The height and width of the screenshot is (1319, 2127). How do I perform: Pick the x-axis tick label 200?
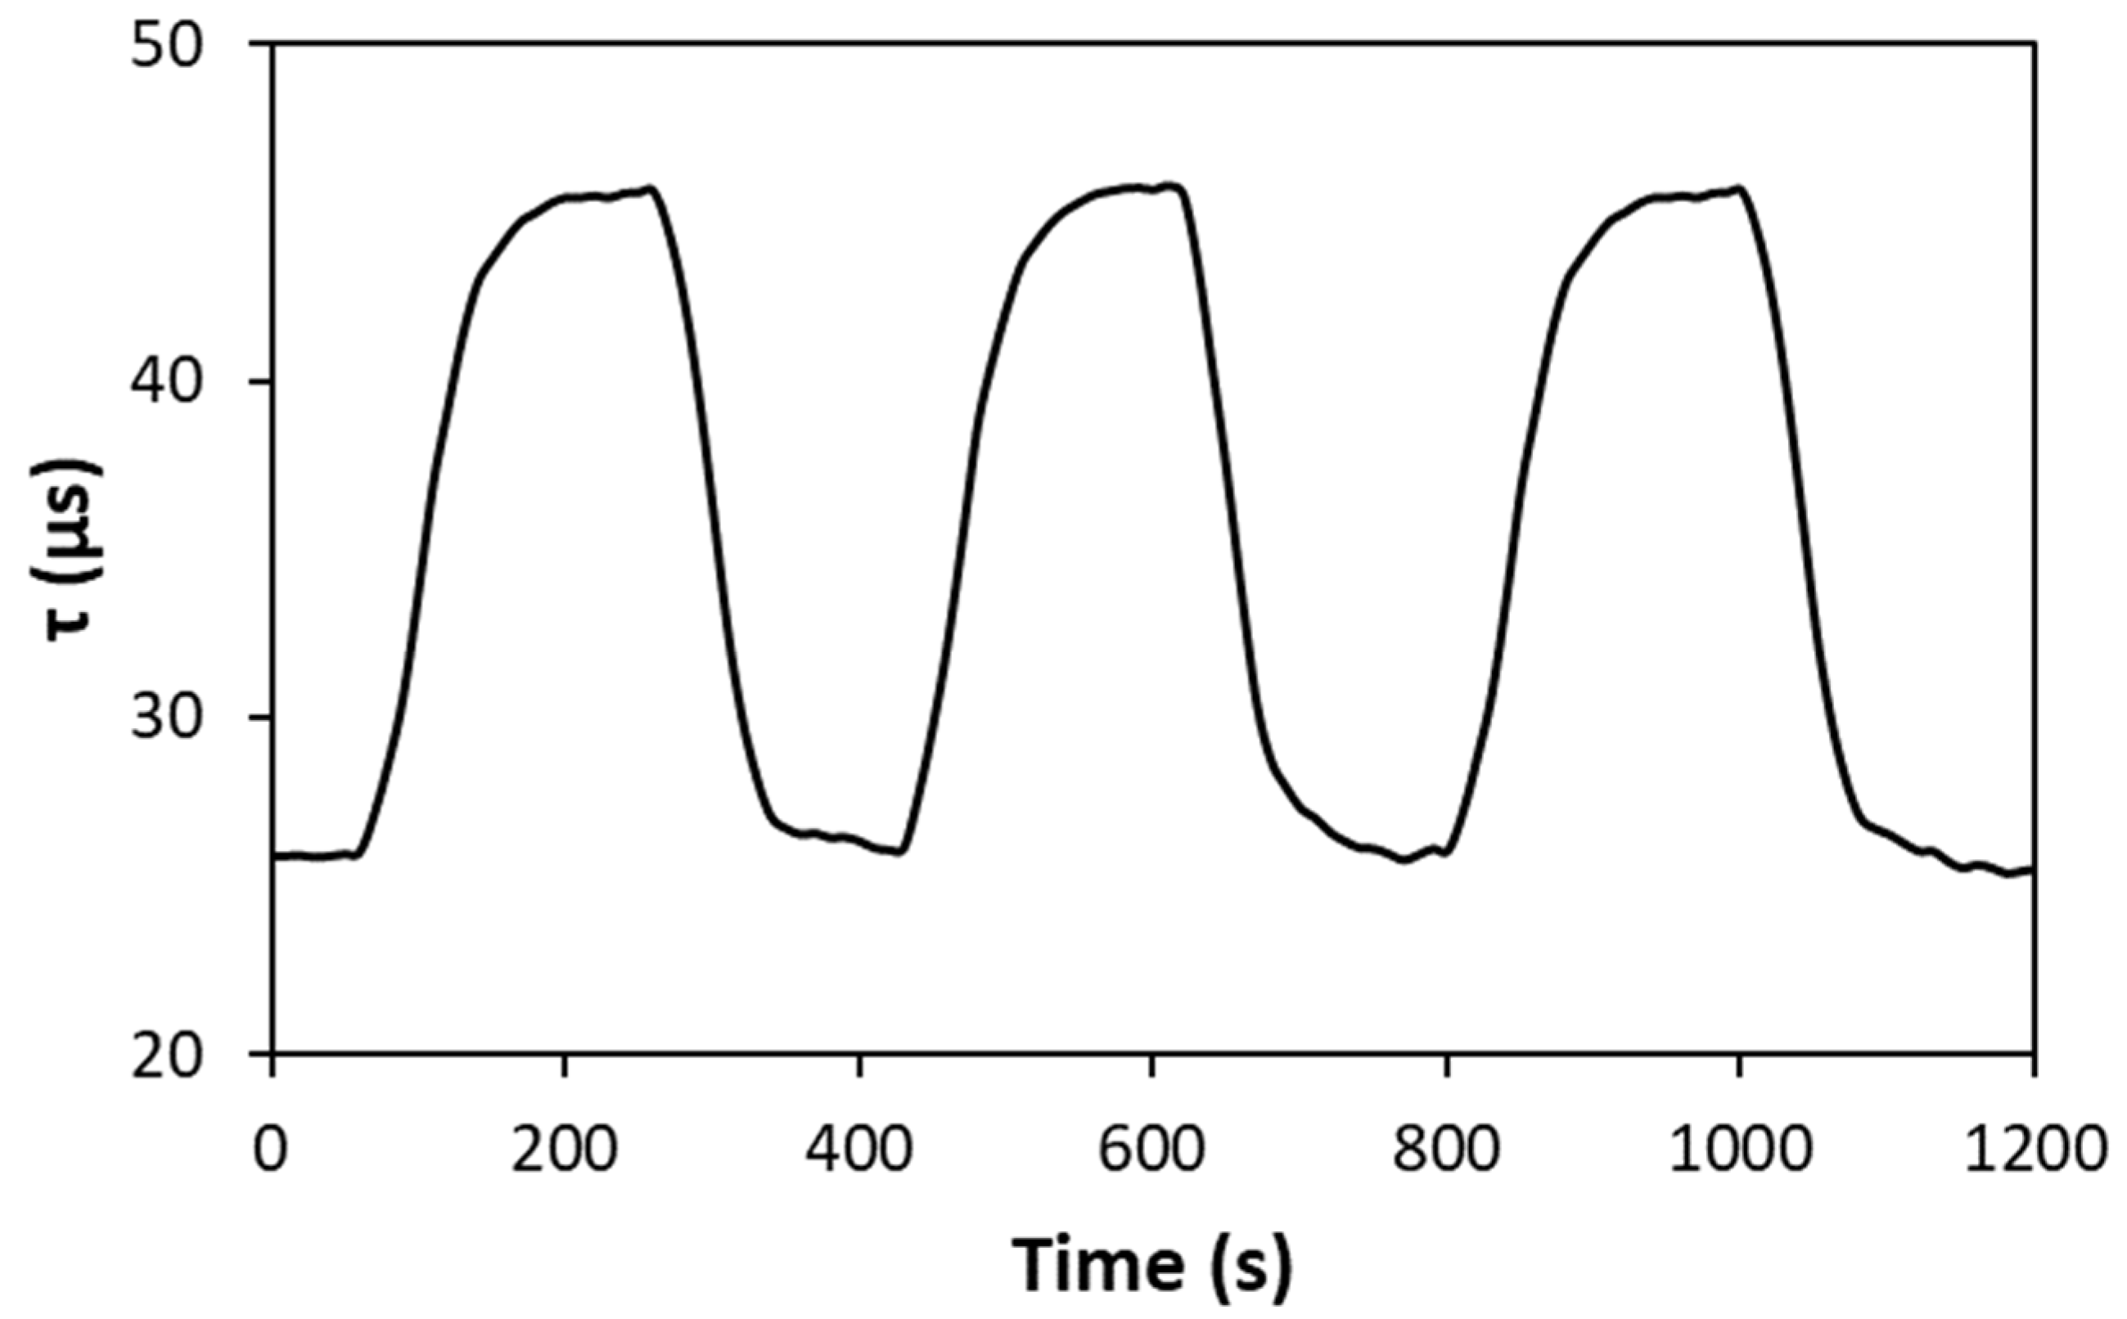click(x=566, y=1149)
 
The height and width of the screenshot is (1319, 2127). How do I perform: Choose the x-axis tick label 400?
click(x=859, y=1149)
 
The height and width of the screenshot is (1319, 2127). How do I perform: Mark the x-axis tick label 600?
click(x=1151, y=1149)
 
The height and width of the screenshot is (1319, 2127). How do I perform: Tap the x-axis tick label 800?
click(x=1446, y=1149)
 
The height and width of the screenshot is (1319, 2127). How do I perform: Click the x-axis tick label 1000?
click(x=1740, y=1149)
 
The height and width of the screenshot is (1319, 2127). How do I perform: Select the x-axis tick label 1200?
click(x=2034, y=1149)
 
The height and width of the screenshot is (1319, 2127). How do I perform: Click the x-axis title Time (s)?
click(x=1151, y=1263)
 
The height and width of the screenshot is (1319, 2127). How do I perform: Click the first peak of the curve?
click(x=650, y=188)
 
